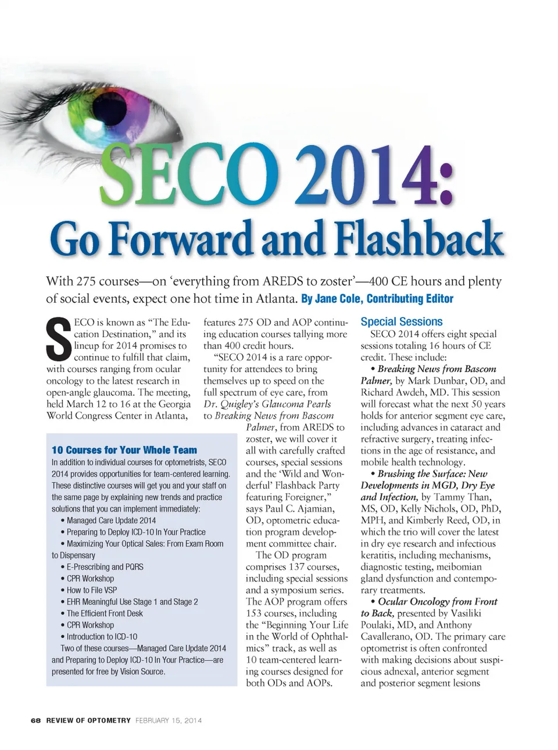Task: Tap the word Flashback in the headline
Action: tap(419, 239)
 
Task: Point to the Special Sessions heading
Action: tap(401, 322)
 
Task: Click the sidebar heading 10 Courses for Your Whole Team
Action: tap(124, 450)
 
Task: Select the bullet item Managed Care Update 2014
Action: tap(111, 520)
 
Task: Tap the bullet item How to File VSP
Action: tap(92, 590)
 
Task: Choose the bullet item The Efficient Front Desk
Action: tap(105, 613)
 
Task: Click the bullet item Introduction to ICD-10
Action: tap(102, 637)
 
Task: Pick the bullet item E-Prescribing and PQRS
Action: tap(105, 567)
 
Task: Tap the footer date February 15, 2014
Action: tap(169, 720)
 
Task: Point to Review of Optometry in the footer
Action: tap(88, 720)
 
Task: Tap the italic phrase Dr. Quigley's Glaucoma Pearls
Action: tap(267, 404)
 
